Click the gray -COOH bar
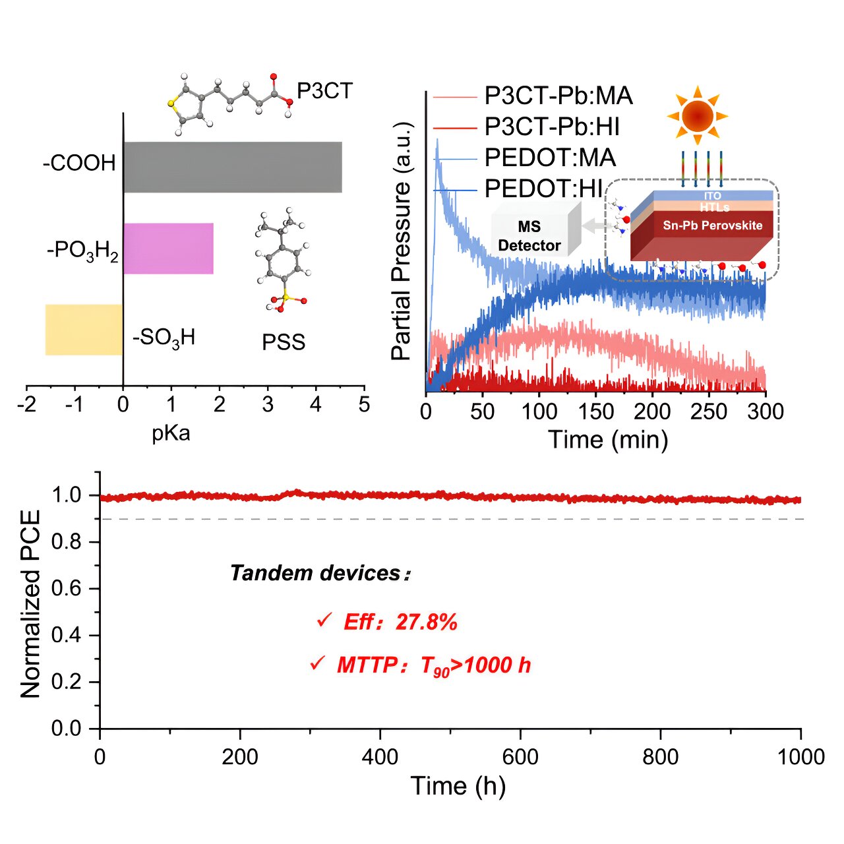pos(232,167)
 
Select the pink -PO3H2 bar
pos(168,249)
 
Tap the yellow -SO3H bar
pos(84,330)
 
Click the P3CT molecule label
pos(324,90)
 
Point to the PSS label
pos(284,342)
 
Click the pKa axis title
pos(171,433)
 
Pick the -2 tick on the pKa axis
pos(27,404)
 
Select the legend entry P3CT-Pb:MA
pos(558,96)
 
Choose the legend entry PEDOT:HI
pos(543,189)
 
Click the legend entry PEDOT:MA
pos(550,158)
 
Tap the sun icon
pos(698,116)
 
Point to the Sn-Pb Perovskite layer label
pos(712,226)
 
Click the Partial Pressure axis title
pos(401,241)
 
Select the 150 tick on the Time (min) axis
pos(596,412)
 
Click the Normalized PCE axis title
pos(30,603)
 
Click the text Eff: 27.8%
pos(400,622)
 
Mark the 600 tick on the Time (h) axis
pos(521,756)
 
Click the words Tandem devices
pos(315,573)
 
